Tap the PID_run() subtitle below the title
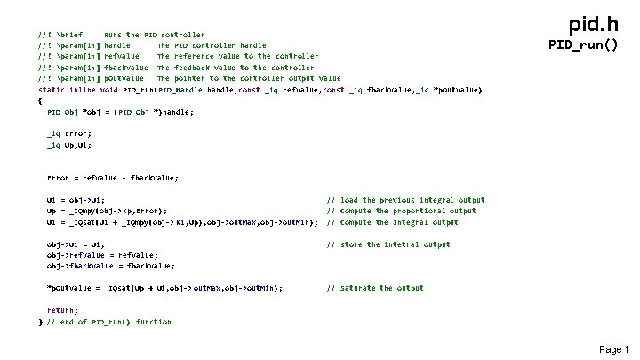point(582,44)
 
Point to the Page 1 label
point(613,349)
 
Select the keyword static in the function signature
point(52,90)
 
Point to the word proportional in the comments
point(421,211)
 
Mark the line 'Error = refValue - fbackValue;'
point(112,178)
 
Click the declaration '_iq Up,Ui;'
point(68,145)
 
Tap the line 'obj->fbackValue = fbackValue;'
point(111,266)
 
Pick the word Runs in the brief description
point(114,35)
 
